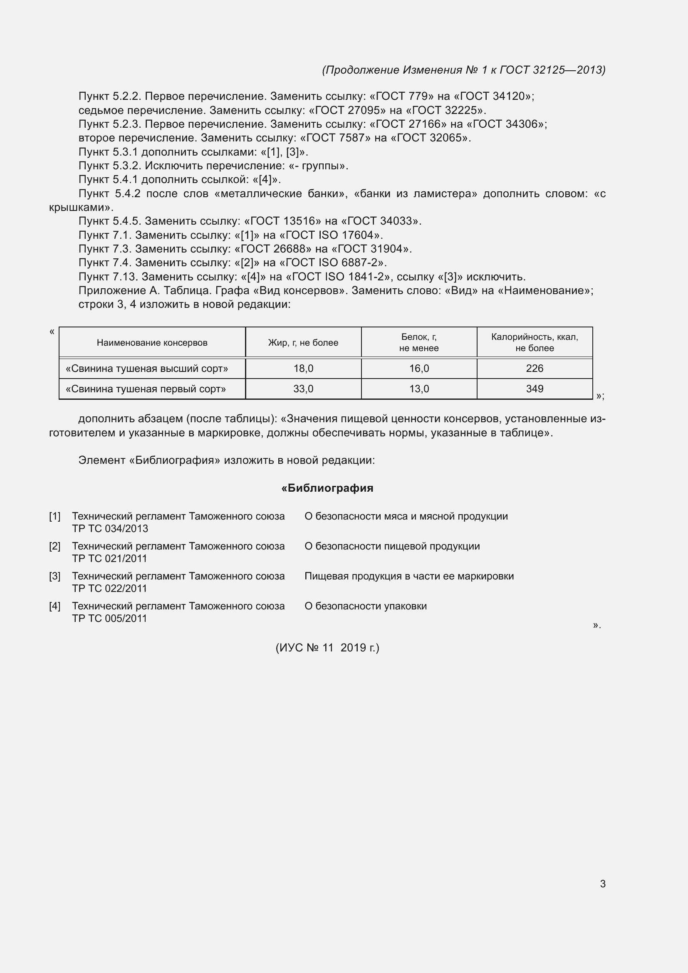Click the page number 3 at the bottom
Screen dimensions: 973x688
(602, 884)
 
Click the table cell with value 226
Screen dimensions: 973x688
(534, 368)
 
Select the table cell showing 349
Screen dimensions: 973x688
(534, 389)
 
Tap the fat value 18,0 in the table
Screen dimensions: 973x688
(303, 368)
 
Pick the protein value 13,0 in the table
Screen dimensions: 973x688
(419, 389)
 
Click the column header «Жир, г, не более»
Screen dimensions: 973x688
(303, 342)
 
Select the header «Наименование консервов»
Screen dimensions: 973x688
(152, 342)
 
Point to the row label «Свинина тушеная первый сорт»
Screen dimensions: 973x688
(146, 389)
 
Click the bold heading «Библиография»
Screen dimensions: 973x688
(327, 488)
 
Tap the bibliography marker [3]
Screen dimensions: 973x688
(54, 576)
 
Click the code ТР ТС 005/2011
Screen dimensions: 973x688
(109, 618)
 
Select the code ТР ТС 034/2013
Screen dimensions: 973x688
(110, 528)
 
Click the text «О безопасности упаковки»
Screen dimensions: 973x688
(366, 606)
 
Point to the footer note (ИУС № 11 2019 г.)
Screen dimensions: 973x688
(327, 648)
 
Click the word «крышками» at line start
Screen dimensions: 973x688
(78, 207)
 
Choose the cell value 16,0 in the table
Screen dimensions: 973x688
(419, 368)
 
